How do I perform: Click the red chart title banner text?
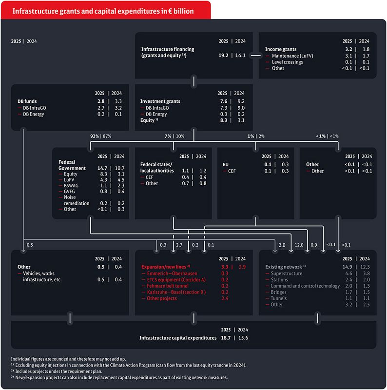pos(103,11)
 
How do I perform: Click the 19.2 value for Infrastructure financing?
pos(223,55)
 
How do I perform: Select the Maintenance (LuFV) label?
pos(292,56)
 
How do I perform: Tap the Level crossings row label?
pos(287,62)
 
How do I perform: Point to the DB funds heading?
pos(27,101)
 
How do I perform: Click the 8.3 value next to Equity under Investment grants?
pos(224,120)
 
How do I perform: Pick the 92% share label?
pos(95,136)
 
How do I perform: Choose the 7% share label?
pos(168,136)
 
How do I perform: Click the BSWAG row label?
pos(71,186)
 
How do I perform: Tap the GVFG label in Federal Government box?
pos(69,191)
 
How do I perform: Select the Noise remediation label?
pos(77,200)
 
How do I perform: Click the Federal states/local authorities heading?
pos(157,167)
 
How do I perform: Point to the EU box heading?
pos(225,164)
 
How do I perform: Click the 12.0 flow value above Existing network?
pos(299,245)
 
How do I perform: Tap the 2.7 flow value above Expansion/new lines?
pos(179,245)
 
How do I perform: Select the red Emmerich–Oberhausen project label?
pos(172,273)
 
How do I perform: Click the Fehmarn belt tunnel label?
pos(168,286)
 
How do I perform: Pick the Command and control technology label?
pos(305,286)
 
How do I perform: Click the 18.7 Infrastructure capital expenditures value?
pos(226,338)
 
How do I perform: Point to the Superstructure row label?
pos(287,273)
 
